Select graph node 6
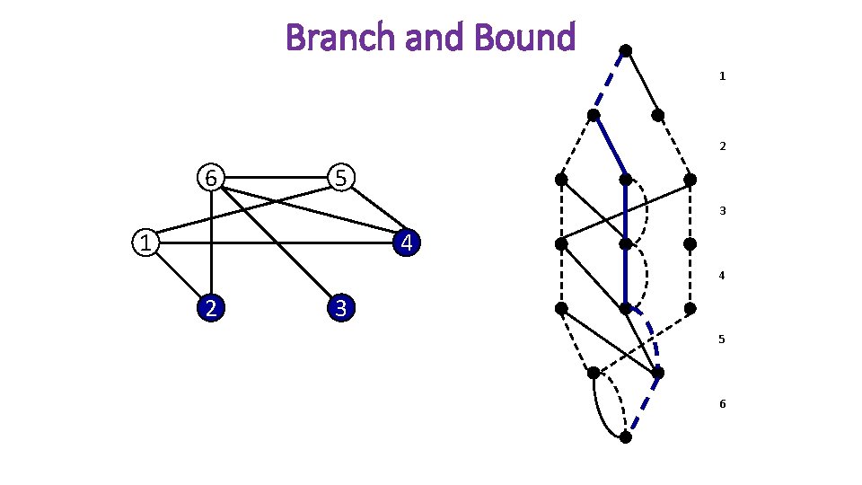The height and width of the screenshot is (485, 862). point(210,178)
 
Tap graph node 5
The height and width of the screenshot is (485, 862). point(340,178)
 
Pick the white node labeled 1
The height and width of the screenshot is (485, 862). point(145,242)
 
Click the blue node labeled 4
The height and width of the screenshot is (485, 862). point(407,242)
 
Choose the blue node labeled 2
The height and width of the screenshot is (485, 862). point(209,308)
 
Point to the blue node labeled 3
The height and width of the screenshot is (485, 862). point(340,308)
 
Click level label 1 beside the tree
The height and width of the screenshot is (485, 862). point(722,77)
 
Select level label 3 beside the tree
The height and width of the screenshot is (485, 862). point(722,211)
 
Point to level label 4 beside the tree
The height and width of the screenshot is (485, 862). point(722,277)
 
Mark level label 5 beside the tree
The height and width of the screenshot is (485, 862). point(722,340)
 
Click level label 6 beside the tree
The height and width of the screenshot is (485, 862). point(722,404)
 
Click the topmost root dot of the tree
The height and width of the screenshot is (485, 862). point(626,50)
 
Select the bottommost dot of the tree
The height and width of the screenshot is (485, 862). point(626,437)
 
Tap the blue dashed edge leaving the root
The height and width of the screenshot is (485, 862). point(610,83)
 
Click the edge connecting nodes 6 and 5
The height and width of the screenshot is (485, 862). point(275,178)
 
